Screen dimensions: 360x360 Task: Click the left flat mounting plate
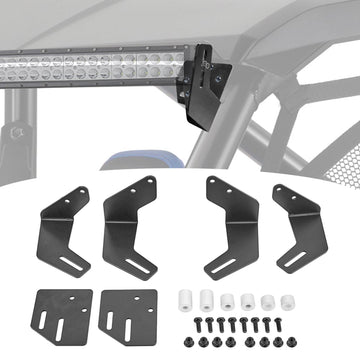coord(62,313)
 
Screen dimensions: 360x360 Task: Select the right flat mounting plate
coord(128,313)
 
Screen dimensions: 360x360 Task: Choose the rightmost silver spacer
coord(287,301)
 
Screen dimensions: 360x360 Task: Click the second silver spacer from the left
coord(206,298)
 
